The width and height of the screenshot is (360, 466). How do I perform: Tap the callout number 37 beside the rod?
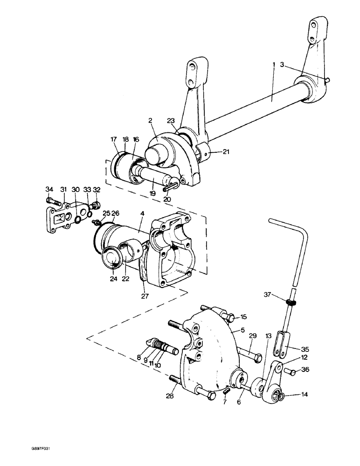pyautogui.click(x=267, y=294)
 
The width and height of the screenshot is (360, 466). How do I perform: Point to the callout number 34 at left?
pyautogui.click(x=49, y=189)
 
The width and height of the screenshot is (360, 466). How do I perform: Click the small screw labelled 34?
pyautogui.click(x=52, y=200)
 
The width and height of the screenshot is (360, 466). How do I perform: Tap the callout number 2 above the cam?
pyautogui.click(x=151, y=120)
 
